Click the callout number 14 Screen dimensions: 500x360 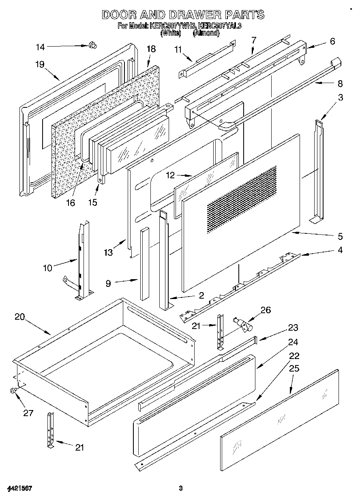[x=40, y=47]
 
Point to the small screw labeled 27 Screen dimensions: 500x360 [x=13, y=391]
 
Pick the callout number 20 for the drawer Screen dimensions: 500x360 [x=20, y=317]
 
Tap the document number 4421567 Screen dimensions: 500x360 [x=19, y=488]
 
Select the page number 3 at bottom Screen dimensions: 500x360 [x=181, y=488]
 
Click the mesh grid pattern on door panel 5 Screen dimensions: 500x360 [x=242, y=199]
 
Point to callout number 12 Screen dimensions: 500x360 [x=171, y=175]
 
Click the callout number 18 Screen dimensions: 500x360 [x=151, y=49]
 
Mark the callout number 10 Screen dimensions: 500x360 [x=48, y=268]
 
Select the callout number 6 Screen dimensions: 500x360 [x=332, y=41]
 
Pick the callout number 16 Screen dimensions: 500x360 [x=71, y=203]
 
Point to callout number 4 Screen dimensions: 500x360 [x=340, y=250]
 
